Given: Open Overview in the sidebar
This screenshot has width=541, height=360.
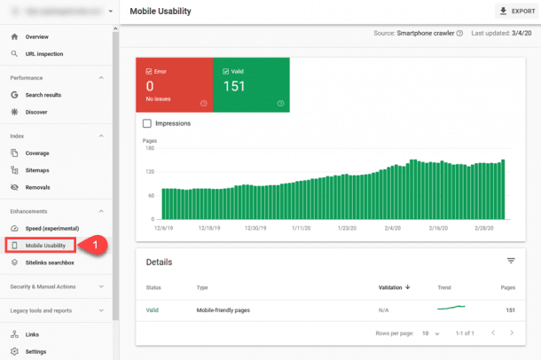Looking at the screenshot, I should (37, 37).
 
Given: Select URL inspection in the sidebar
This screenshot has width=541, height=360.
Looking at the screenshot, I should (43, 54).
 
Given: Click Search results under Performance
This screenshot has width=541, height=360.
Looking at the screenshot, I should (43, 94).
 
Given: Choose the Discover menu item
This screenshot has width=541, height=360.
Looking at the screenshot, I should (38, 112).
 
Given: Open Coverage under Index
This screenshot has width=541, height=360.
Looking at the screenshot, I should (37, 153).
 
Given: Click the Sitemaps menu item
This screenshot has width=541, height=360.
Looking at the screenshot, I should (38, 169).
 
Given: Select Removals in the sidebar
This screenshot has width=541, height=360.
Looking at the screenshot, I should (37, 187).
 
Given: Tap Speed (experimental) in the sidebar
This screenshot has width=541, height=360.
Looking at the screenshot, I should (51, 228).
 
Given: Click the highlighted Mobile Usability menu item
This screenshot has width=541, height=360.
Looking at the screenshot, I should (47, 245).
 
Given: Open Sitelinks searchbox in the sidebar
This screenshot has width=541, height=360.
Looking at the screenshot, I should (50, 262).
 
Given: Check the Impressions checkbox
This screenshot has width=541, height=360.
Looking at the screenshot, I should (147, 123).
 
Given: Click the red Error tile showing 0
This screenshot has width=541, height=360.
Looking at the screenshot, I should (174, 85).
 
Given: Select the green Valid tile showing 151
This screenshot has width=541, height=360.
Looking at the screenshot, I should (251, 85).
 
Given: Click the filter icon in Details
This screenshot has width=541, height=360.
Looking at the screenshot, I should (511, 261).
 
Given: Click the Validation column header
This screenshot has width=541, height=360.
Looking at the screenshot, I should (394, 287).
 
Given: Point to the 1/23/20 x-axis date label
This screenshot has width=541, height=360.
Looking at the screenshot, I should (347, 227).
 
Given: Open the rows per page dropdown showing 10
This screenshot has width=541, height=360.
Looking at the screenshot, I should (430, 333).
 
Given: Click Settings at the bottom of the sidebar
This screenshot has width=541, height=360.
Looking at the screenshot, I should (35, 351).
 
